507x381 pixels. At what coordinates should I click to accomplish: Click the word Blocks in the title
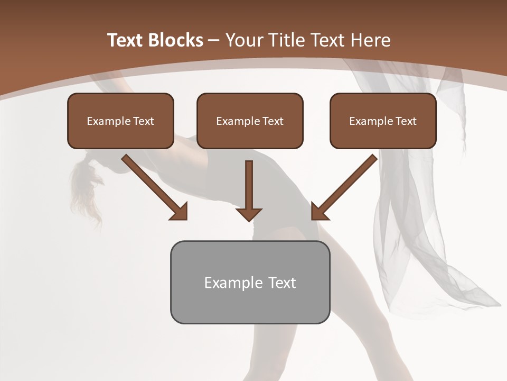coord(175,40)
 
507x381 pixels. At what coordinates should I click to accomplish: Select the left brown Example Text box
coord(120,121)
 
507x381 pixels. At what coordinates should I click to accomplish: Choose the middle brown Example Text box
coord(250,121)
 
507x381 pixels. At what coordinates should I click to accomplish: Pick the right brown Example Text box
coord(383,121)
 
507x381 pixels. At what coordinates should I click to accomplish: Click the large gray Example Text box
coord(250,283)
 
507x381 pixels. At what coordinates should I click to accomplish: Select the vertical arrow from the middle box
coord(249,185)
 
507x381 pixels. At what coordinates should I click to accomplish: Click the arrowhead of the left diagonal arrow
coord(179,212)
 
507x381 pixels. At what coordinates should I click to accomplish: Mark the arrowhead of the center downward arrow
coord(249,213)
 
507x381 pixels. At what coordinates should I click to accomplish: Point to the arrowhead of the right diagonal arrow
coord(319,212)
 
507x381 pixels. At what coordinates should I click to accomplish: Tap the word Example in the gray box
coord(228,283)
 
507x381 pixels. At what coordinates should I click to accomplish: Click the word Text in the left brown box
coord(144,121)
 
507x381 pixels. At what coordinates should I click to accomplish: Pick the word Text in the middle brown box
coord(273,121)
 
